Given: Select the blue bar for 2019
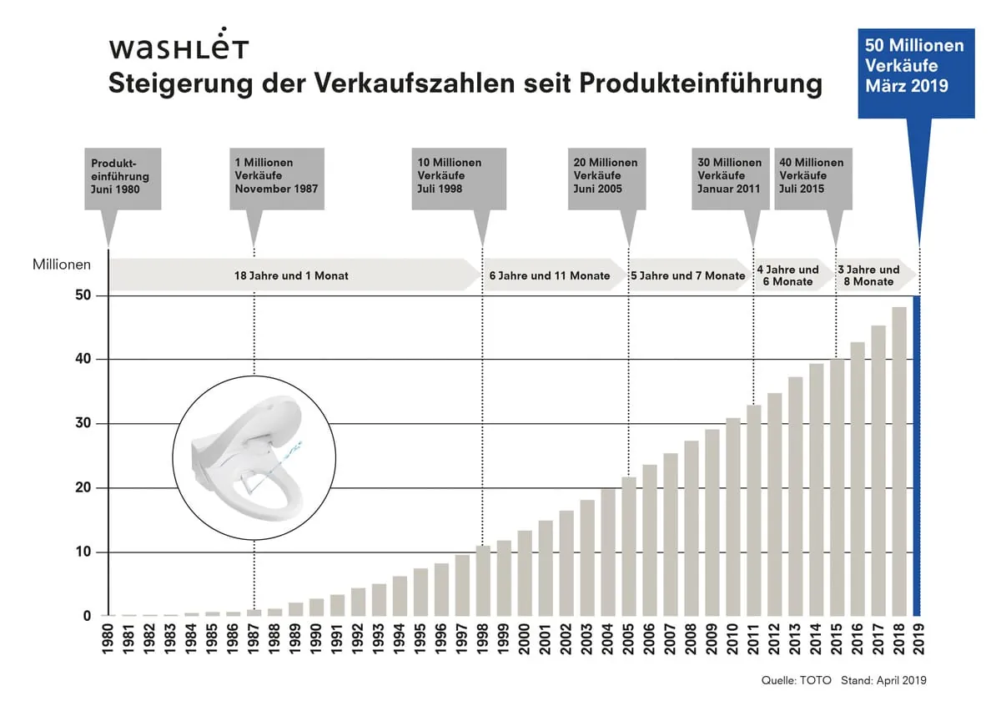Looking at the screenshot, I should click(x=918, y=456).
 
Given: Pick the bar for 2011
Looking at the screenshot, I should click(x=753, y=511).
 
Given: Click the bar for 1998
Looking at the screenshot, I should click(x=483, y=581).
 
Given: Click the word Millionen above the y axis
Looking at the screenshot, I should click(x=62, y=265).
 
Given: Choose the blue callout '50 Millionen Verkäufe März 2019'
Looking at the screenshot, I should click(x=915, y=65).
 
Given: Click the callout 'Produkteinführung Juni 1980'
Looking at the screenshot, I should click(x=123, y=177).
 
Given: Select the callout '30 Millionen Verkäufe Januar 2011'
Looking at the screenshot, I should click(x=730, y=177).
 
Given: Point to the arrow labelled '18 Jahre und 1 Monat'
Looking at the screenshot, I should click(x=292, y=275).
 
